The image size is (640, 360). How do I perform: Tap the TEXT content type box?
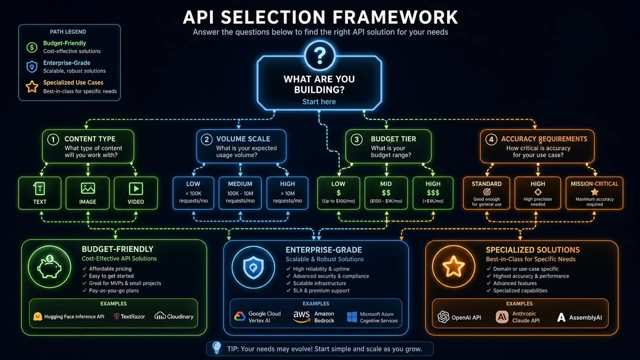click(39, 193)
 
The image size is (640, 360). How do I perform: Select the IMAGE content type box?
click(87, 193)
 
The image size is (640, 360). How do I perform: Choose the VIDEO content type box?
click(135, 193)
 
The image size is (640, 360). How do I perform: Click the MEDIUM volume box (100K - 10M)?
click(240, 192)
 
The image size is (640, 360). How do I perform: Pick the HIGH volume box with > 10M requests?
click(287, 192)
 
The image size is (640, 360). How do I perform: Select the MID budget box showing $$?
click(385, 192)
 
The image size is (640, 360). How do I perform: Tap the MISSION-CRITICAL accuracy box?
click(594, 192)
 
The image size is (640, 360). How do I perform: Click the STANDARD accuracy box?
click(486, 192)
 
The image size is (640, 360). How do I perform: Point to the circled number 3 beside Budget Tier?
click(356, 139)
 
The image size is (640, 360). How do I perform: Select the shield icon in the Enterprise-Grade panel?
click(253, 267)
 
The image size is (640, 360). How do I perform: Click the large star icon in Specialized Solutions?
click(453, 267)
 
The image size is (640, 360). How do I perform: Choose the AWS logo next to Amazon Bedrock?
click(301, 317)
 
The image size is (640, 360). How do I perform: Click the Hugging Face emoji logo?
click(37, 316)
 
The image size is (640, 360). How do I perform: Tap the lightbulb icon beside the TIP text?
click(216, 347)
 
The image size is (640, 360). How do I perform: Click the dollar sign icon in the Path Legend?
click(32, 47)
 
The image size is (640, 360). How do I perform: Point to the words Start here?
click(319, 102)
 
